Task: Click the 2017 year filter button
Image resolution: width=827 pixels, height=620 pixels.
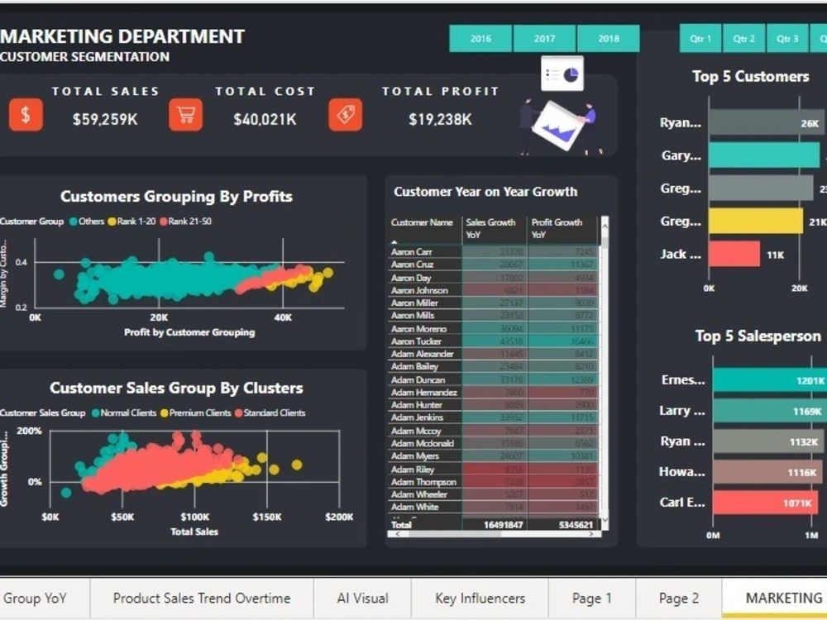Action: click(x=544, y=39)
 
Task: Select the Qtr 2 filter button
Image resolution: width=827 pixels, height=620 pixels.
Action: click(x=743, y=39)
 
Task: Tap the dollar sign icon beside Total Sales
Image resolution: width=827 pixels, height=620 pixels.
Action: click(x=26, y=115)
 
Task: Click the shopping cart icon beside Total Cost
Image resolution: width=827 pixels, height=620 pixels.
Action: click(x=185, y=115)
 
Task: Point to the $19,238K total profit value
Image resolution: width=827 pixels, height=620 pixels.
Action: click(x=440, y=119)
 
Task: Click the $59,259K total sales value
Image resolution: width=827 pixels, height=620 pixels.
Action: click(x=105, y=119)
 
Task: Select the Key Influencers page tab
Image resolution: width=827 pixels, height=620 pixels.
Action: click(x=480, y=598)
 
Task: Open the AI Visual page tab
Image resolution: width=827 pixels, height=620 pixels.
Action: click(x=362, y=598)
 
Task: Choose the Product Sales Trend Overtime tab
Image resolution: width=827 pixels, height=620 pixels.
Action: click(x=202, y=598)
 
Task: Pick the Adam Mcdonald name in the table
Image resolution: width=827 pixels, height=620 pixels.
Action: click(x=422, y=443)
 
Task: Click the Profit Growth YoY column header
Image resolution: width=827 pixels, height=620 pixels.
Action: click(x=557, y=228)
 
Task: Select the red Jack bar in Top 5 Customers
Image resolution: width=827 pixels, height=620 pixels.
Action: click(x=734, y=254)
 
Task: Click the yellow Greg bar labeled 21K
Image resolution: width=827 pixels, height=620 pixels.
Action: click(x=755, y=221)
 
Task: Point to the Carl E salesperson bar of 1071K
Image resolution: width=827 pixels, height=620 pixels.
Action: click(x=765, y=503)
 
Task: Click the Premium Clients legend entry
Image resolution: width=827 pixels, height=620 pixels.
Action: click(x=199, y=413)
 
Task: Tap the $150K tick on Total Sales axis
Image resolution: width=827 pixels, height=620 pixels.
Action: click(x=267, y=517)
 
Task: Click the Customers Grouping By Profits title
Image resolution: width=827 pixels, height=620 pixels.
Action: click(x=176, y=197)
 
